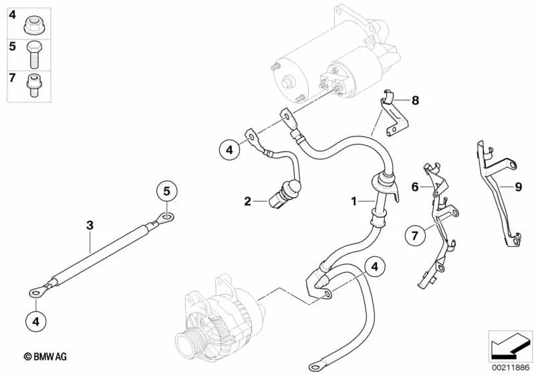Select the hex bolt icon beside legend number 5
(33, 55)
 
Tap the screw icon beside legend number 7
(32, 85)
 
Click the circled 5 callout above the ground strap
(167, 191)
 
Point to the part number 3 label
(90, 225)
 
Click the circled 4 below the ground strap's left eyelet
(36, 321)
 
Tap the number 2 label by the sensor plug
(247, 201)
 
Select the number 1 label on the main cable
(354, 201)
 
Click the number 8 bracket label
(416, 100)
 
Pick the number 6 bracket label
(415, 187)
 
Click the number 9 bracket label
(519, 187)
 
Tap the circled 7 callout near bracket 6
(415, 236)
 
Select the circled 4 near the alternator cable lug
(375, 267)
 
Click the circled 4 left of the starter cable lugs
(230, 150)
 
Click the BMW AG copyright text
(45, 357)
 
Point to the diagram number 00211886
(510, 368)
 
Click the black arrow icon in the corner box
(510, 347)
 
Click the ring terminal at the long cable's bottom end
(315, 367)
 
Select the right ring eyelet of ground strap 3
(166, 217)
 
